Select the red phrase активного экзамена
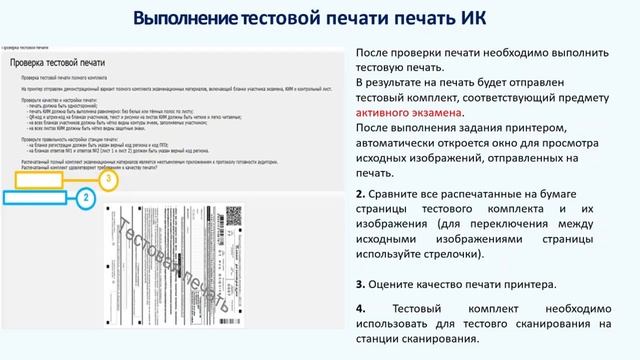click(x=409, y=114)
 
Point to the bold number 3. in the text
click(x=361, y=284)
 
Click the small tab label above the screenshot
click(x=30, y=47)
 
